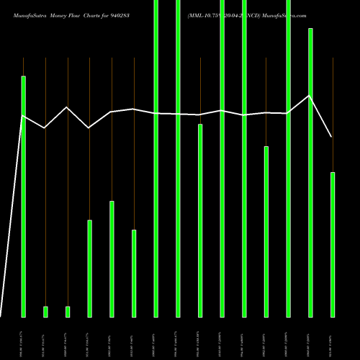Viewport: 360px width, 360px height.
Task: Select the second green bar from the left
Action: tap(45, 312)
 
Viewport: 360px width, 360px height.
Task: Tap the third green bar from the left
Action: tap(68, 312)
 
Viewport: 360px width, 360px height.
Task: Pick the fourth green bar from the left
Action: tap(89, 268)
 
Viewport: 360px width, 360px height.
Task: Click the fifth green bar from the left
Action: tap(112, 258)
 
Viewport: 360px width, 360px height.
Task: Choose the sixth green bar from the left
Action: tap(134, 273)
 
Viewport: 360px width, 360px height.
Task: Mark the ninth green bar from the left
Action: tap(200, 220)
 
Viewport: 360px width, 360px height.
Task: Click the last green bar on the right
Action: tap(333, 244)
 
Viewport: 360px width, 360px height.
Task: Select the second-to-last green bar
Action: tap(310, 173)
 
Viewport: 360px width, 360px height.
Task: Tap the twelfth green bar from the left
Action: tap(266, 231)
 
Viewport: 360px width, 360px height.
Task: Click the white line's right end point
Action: tap(332, 137)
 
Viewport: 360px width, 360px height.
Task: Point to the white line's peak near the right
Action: tap(310, 95)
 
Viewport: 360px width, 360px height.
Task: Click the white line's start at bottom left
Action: tap(1, 315)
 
